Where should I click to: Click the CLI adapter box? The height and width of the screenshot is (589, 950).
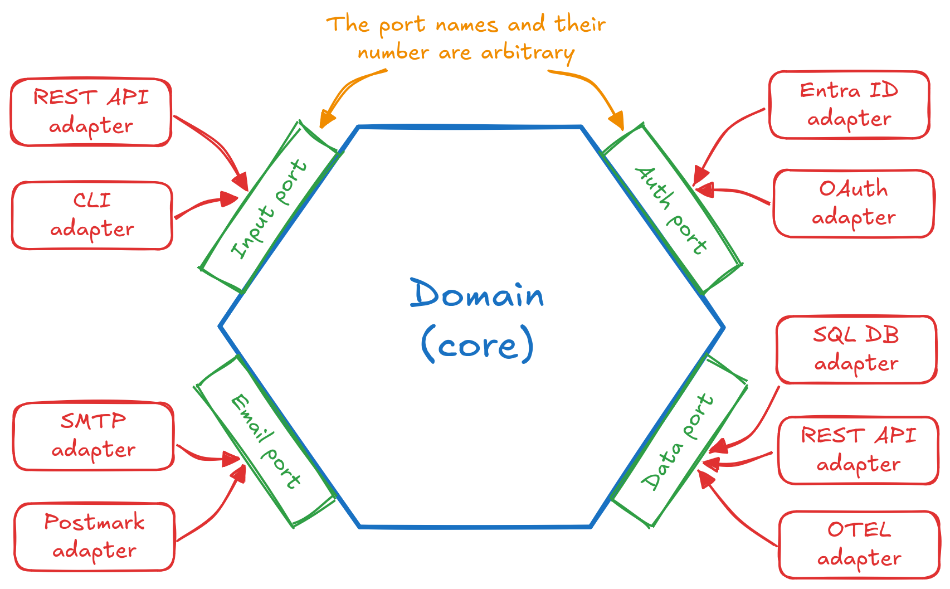pos(92,215)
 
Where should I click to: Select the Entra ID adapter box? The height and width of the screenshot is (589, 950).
pos(849,105)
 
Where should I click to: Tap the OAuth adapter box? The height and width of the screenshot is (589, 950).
pos(854,203)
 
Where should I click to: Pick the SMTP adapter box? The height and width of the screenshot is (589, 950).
pos(94,435)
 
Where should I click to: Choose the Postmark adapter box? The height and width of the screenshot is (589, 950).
pos(95,537)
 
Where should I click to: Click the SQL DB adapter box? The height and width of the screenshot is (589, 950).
pos(856,349)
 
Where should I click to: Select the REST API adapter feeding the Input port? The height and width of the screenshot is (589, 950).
pos(91,112)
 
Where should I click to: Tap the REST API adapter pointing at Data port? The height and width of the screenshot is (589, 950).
pos(859,450)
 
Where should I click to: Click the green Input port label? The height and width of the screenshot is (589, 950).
pos(269,209)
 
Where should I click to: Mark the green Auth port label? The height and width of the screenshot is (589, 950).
pos(671,210)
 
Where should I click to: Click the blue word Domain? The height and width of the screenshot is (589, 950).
pos(477,294)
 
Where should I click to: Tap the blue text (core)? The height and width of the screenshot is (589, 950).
pos(478,345)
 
